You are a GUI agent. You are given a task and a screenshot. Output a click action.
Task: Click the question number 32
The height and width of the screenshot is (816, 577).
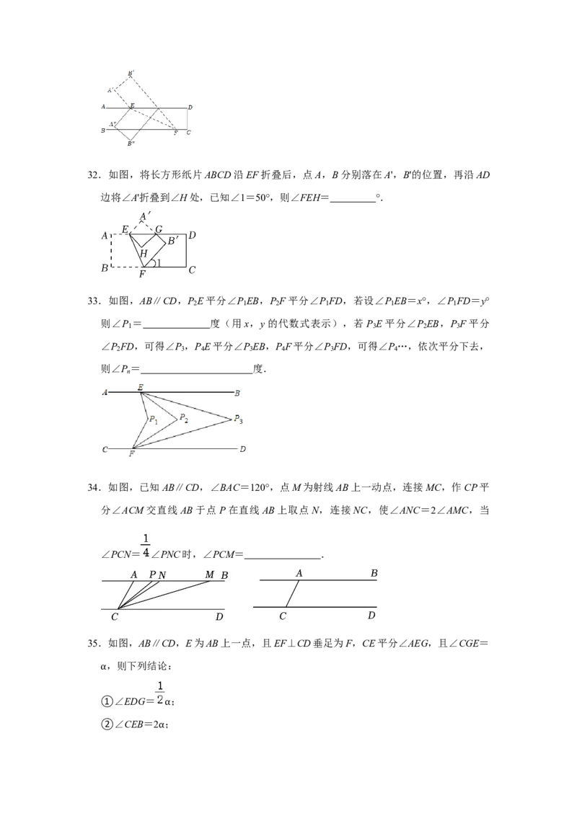pyautogui.click(x=93, y=175)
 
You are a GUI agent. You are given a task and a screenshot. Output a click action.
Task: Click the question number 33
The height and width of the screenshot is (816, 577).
pyautogui.click(x=93, y=301)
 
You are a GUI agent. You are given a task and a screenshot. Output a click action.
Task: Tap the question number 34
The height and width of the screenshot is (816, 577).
pyautogui.click(x=93, y=487)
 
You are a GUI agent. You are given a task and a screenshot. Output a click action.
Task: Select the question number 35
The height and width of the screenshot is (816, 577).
pyautogui.click(x=93, y=644)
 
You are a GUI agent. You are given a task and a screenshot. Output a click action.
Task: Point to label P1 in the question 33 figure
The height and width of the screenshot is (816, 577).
pyautogui.click(x=154, y=420)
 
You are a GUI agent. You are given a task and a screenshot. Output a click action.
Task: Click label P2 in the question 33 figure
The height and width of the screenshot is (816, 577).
pyautogui.click(x=184, y=418)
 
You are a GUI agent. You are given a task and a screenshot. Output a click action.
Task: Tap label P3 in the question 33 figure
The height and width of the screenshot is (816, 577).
pyautogui.click(x=238, y=419)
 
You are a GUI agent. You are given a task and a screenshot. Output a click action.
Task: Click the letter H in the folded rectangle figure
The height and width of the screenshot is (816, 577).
pyautogui.click(x=144, y=254)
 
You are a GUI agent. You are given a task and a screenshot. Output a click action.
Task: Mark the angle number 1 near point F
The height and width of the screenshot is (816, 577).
pyautogui.click(x=159, y=263)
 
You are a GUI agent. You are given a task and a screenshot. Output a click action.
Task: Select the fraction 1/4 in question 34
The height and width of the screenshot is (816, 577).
pyautogui.click(x=146, y=545)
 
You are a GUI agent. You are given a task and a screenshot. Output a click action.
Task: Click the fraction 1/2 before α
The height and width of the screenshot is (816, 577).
pyautogui.click(x=160, y=693)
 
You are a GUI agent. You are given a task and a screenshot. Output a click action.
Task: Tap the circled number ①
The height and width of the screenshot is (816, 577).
pyautogui.click(x=107, y=701)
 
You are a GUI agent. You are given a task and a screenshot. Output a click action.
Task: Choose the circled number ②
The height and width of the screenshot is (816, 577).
pyautogui.click(x=107, y=724)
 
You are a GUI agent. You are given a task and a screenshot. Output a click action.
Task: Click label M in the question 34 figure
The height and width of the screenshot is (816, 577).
pyautogui.click(x=210, y=575)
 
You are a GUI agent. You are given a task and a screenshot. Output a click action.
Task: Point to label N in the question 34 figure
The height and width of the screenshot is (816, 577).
pyautogui.click(x=162, y=575)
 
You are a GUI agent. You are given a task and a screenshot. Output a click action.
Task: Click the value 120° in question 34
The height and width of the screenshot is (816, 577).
pyautogui.click(x=260, y=487)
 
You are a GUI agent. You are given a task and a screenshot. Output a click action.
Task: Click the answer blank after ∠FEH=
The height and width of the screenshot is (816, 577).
pyautogui.click(x=353, y=200)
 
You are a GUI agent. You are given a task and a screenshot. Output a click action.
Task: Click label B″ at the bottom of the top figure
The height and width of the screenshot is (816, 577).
pyautogui.click(x=131, y=143)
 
